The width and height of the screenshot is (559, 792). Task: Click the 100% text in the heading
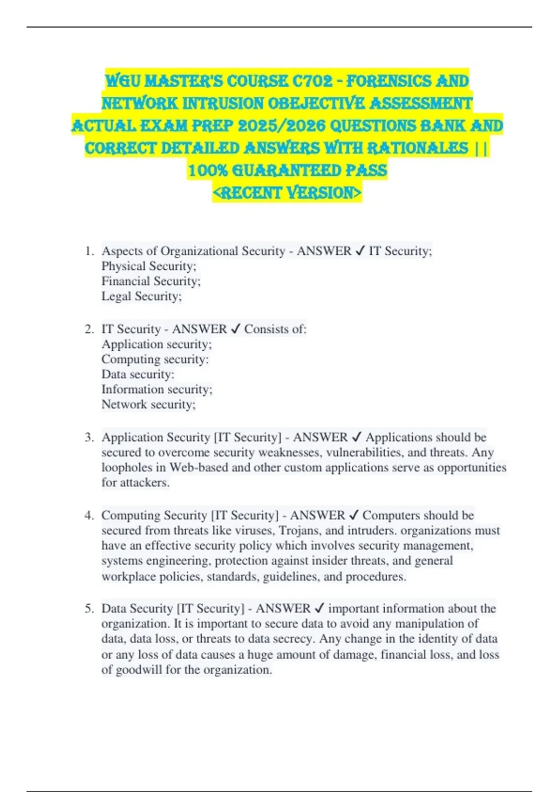click(x=207, y=171)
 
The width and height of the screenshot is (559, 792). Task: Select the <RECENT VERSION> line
click(x=287, y=192)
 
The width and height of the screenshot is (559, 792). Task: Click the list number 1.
click(x=89, y=251)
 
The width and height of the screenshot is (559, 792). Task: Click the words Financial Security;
click(x=151, y=281)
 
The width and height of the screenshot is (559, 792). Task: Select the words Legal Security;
click(x=142, y=296)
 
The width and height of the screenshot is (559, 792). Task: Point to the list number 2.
click(x=89, y=329)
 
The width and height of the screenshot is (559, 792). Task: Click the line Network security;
click(x=149, y=404)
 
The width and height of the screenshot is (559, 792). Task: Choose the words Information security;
click(x=157, y=389)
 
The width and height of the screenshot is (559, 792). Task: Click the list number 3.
click(x=89, y=437)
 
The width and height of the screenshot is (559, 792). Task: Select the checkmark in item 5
click(x=320, y=608)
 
